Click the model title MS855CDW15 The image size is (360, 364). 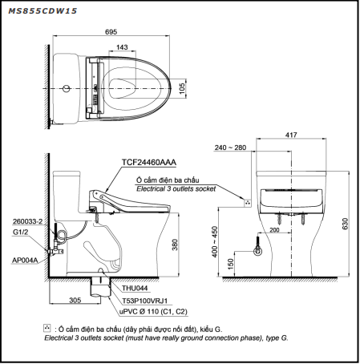pyautogui.click(x=42, y=11)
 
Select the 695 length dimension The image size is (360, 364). pyautogui.click(x=111, y=32)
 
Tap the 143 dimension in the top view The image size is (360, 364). pyautogui.click(x=122, y=47)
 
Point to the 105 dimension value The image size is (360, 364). pyautogui.click(x=182, y=88)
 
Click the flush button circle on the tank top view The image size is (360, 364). pyautogui.click(x=66, y=88)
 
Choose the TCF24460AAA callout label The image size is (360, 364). pyautogui.click(x=149, y=163)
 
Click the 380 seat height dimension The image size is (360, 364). pyautogui.click(x=175, y=245)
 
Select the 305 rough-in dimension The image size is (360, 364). pyautogui.click(x=75, y=300)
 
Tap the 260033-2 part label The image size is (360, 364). pyautogui.click(x=28, y=221)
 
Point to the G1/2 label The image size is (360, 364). pyautogui.click(x=20, y=233)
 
